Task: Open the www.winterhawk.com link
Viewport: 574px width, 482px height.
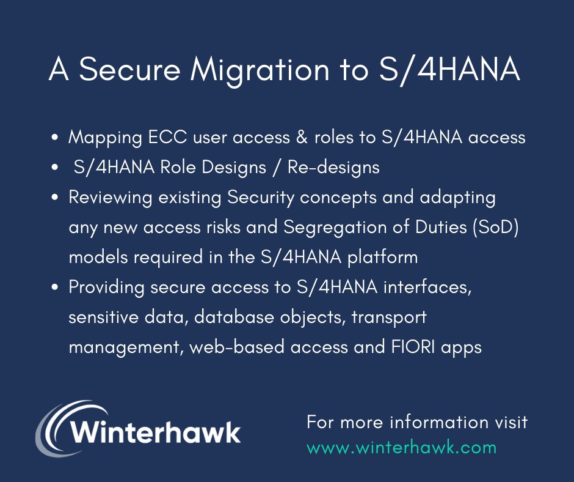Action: tap(401, 447)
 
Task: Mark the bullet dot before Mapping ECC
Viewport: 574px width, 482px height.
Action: tap(56, 138)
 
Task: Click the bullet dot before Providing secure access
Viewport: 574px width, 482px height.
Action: tap(56, 287)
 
